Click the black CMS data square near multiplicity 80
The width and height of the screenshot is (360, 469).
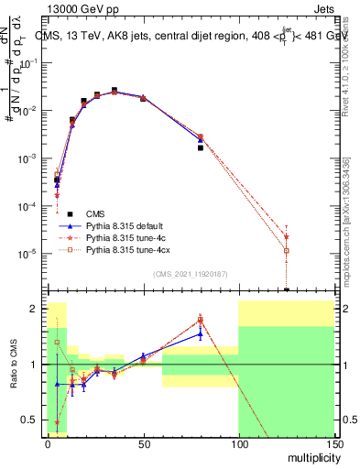[x=201, y=147]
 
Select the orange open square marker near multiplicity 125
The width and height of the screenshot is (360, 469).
[x=287, y=250]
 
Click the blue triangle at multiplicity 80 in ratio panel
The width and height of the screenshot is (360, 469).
[x=201, y=334]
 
